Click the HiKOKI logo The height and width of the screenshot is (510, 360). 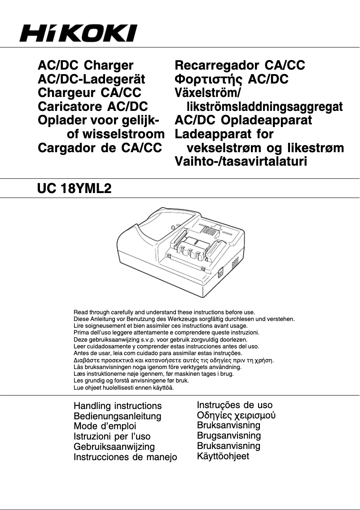click(78, 33)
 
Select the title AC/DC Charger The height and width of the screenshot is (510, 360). click(86, 66)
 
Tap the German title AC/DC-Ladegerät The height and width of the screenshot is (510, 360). click(92, 79)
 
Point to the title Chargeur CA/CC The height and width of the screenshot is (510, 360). click(89, 93)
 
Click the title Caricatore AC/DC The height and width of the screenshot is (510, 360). click(93, 107)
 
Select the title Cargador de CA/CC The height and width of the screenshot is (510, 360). click(100, 148)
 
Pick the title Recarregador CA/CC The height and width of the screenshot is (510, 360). click(240, 66)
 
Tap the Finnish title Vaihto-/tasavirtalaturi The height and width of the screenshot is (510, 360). click(241, 162)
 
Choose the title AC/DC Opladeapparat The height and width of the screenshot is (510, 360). click(243, 120)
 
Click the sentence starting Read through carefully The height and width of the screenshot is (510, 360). click(164, 312)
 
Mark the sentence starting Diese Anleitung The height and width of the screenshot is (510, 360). click(184, 319)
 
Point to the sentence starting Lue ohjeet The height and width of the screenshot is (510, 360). click(123, 387)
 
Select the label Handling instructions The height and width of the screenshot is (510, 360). click(118, 406)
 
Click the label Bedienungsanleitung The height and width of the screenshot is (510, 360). click(117, 416)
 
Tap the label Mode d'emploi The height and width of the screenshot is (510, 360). click(105, 426)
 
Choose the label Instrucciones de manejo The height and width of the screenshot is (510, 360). click(125, 457)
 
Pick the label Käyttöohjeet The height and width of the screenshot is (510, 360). click(223, 456)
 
